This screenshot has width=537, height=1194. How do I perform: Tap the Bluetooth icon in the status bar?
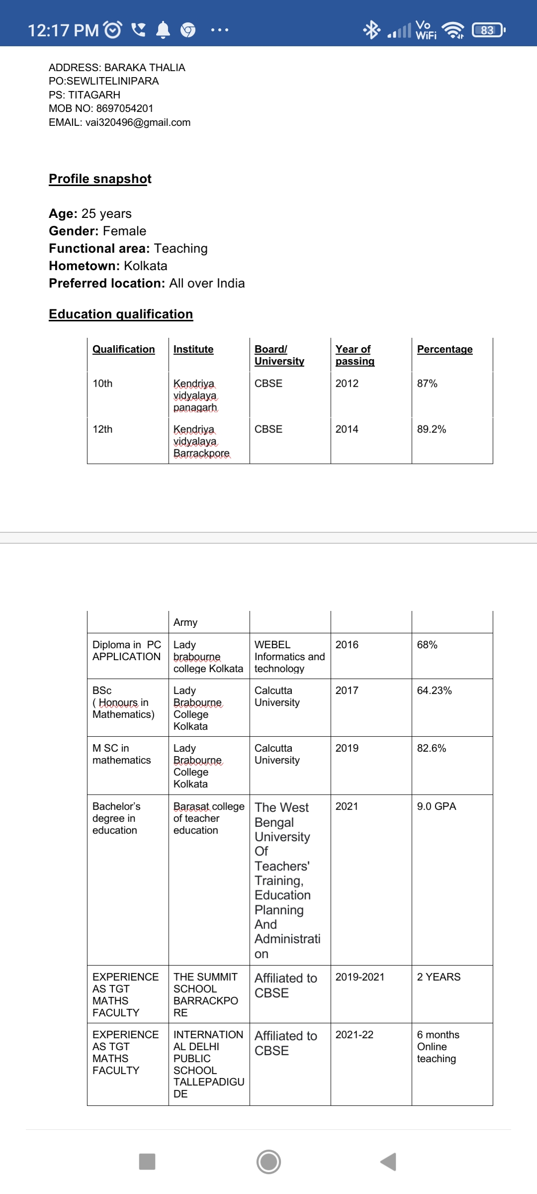tap(371, 30)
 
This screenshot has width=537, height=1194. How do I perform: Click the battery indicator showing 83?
tap(488, 30)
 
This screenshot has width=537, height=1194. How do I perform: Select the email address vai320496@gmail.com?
tap(138, 122)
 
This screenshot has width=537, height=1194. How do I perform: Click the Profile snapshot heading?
tap(100, 179)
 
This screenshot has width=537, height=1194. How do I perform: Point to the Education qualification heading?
tap(121, 314)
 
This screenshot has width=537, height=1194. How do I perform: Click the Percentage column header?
tap(445, 349)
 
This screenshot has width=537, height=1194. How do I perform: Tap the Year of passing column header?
tap(355, 355)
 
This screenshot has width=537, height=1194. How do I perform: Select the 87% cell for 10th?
tap(427, 384)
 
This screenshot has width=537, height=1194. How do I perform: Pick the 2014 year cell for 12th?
tap(347, 429)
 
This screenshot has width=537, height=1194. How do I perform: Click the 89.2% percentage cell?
tap(431, 429)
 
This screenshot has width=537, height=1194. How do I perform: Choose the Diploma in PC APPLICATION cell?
tap(127, 651)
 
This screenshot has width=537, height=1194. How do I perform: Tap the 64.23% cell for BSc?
tap(434, 691)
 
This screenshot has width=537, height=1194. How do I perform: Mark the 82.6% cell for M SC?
tap(431, 748)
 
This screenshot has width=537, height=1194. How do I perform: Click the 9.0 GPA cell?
tap(436, 806)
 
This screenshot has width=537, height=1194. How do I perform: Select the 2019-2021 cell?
tap(359, 977)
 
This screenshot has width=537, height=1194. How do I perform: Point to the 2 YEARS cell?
tap(439, 977)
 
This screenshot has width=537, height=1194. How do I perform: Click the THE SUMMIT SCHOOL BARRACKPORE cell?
tap(205, 995)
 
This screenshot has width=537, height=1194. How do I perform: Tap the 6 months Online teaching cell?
tap(438, 1047)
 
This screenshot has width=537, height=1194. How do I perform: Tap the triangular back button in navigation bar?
tap(388, 1162)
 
